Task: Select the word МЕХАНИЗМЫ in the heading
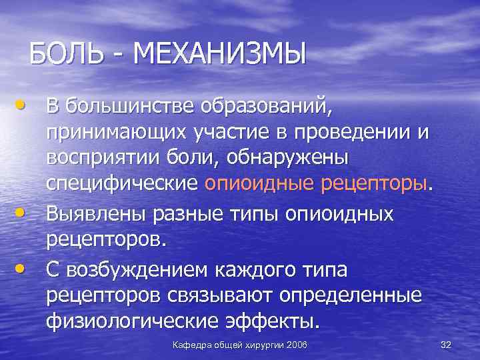(219, 53)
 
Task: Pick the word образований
(261, 106)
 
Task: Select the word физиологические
(132, 321)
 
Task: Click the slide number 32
(446, 344)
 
